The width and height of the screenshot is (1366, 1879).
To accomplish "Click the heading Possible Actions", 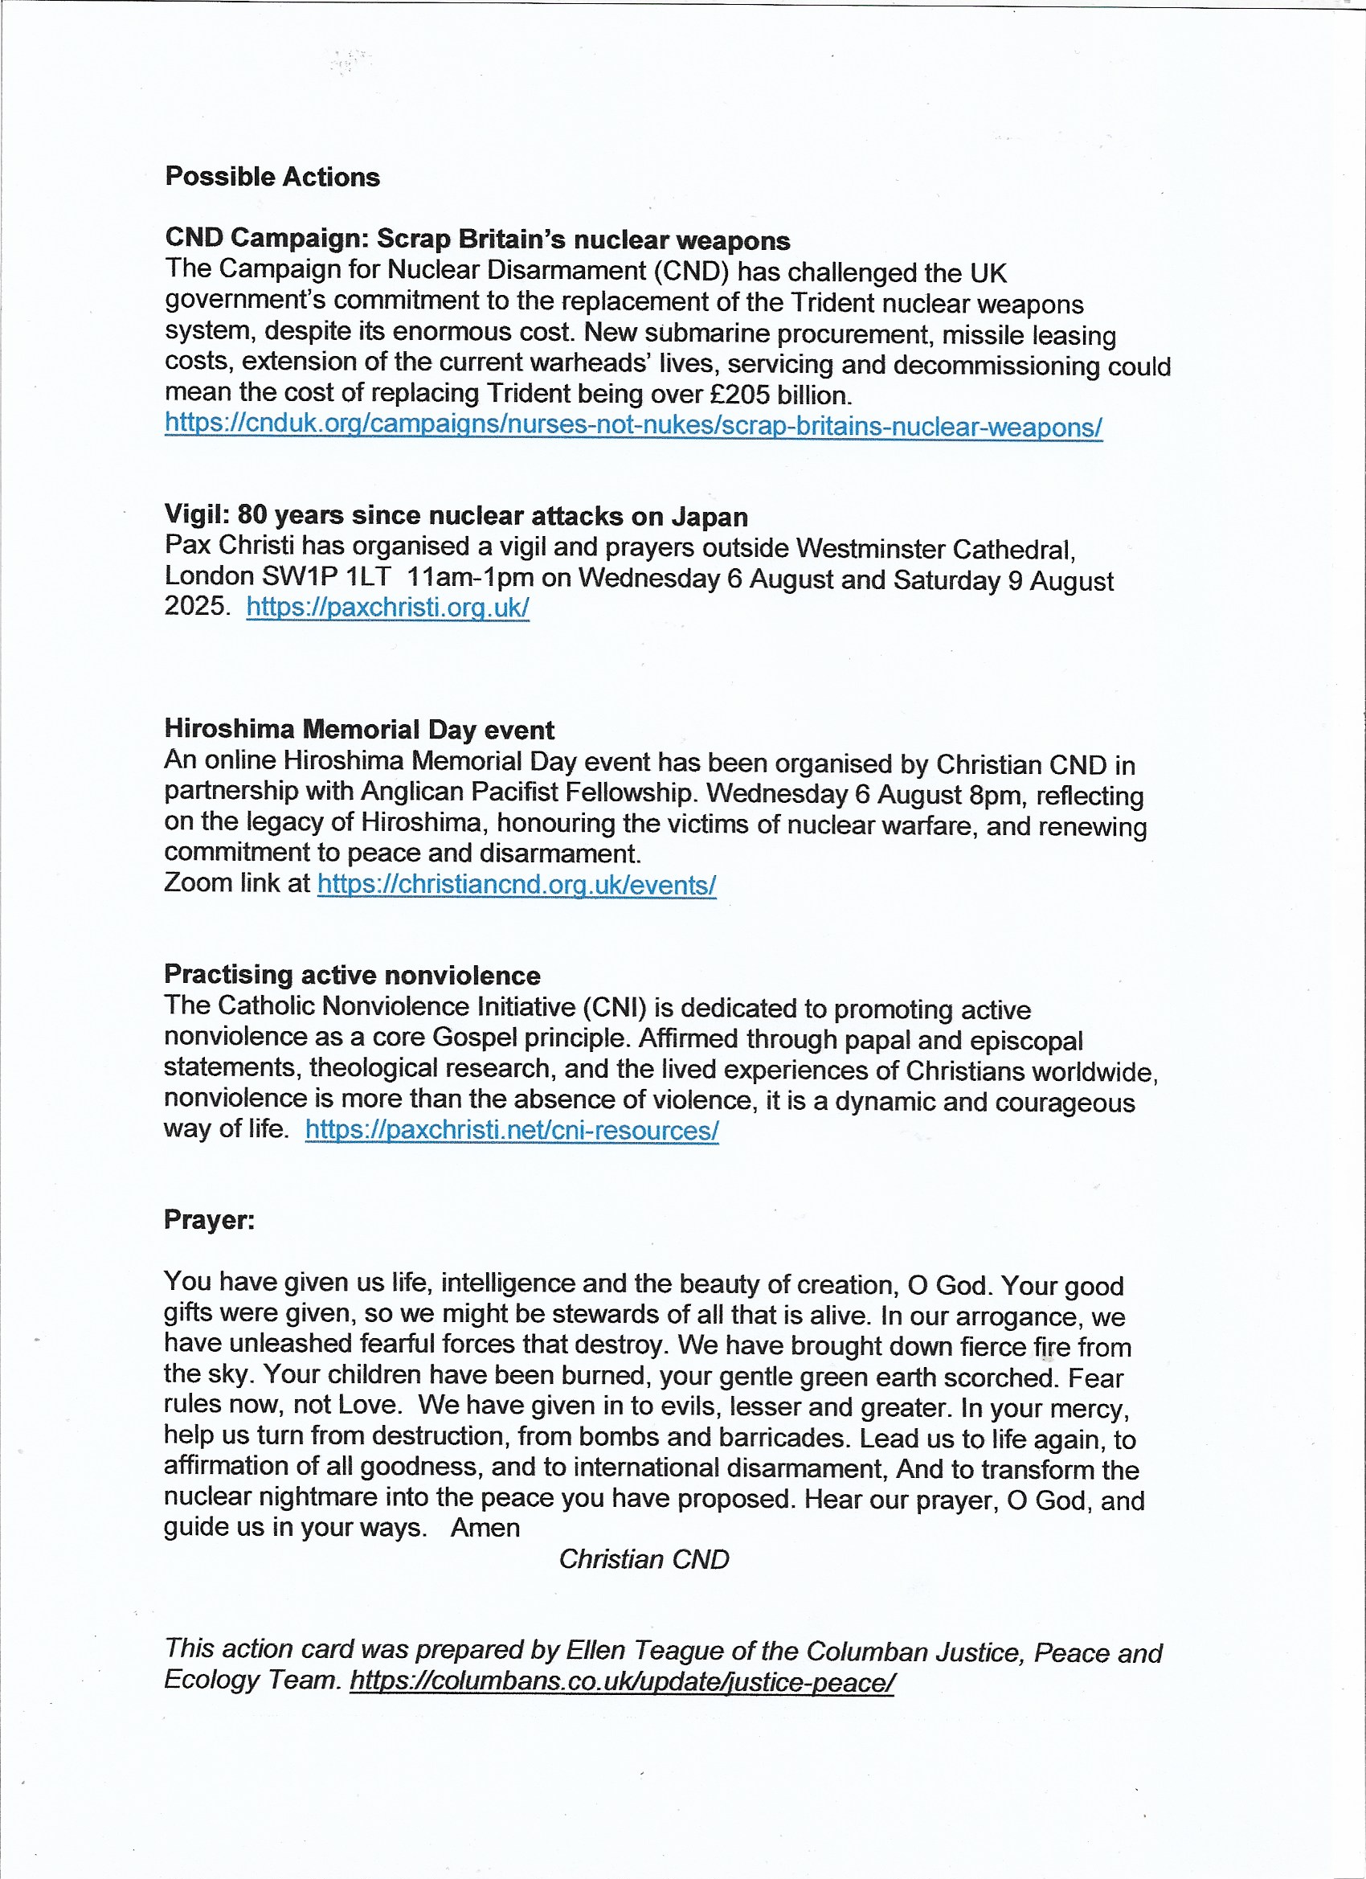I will [x=272, y=177].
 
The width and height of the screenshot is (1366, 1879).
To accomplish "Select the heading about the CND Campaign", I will [x=477, y=239].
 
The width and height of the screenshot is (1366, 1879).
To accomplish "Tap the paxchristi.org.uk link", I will [x=386, y=607].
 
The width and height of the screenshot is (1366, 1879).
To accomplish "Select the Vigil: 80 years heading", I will [x=456, y=515].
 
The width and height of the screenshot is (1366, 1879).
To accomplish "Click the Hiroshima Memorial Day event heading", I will [x=358, y=729].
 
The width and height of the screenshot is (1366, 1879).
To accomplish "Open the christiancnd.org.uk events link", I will [x=516, y=884].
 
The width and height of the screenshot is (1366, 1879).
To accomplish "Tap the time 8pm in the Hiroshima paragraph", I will [x=994, y=796].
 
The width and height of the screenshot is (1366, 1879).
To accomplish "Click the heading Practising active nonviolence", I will [x=352, y=974].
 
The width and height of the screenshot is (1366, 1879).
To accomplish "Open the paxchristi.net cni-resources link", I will [x=511, y=1129].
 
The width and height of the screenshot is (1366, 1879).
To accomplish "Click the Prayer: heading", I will [x=210, y=1218].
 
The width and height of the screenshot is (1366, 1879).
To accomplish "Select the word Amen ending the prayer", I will [x=485, y=1527].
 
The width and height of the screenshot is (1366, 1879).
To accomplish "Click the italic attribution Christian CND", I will [x=644, y=1559].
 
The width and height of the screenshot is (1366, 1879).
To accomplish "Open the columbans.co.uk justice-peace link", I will [x=621, y=1682].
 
